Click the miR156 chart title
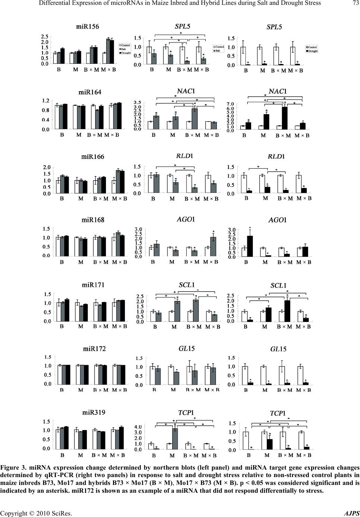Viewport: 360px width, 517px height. (x=88, y=26)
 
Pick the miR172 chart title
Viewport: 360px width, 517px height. (x=94, y=349)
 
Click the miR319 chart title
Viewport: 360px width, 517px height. (x=94, y=413)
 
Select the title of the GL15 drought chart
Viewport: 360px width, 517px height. (x=278, y=350)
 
